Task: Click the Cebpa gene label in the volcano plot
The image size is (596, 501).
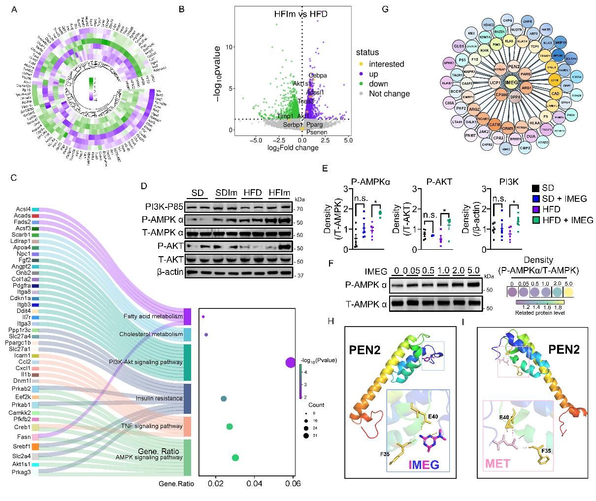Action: pos(318,75)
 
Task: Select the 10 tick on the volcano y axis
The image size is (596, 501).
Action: pos(229,47)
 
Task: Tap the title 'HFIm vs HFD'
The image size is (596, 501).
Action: pos(300,14)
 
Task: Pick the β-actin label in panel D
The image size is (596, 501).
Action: pos(171,272)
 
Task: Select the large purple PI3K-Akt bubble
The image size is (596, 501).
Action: pos(290,363)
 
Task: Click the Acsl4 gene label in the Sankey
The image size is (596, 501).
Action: pos(23,210)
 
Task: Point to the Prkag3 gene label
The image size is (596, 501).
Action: pos(22,472)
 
